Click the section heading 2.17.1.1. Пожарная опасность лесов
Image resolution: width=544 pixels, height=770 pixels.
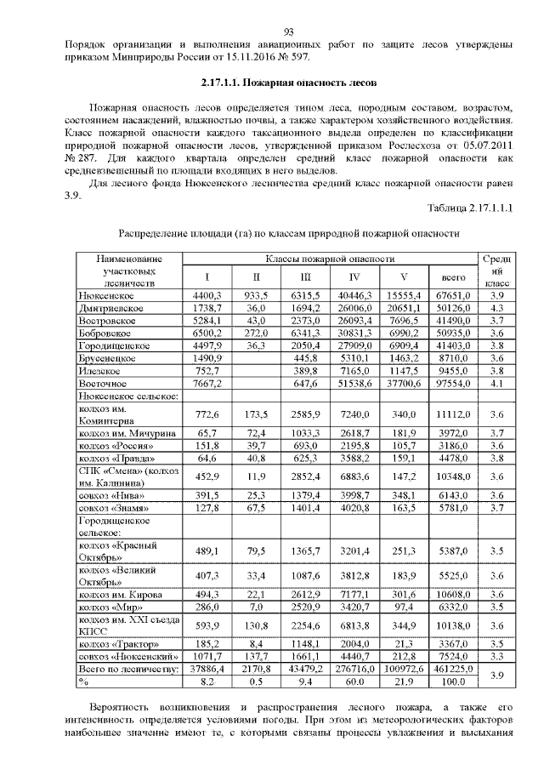tap(282, 83)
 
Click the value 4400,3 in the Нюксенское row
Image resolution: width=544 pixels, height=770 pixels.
tap(207, 294)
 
